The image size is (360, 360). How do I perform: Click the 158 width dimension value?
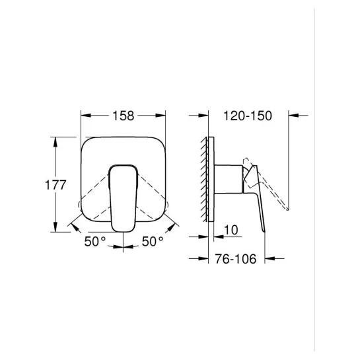click(124, 116)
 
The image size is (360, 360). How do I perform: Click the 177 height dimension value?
click(55, 185)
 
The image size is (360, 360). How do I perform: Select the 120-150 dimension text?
click(248, 116)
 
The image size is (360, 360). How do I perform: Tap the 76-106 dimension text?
click(236, 259)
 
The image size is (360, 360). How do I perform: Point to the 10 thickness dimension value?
click(231, 230)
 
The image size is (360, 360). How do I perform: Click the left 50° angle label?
click(95, 241)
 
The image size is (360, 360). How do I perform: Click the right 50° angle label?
click(153, 241)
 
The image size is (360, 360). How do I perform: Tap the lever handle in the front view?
click(124, 198)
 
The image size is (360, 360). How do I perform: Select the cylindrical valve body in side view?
click(228, 179)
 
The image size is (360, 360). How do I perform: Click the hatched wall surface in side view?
click(204, 179)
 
